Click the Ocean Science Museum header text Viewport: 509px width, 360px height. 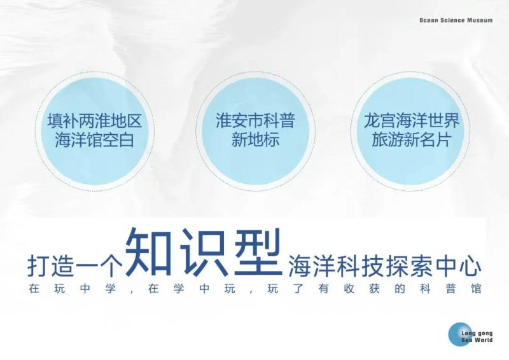(456, 20)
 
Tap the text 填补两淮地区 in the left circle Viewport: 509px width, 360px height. (95, 121)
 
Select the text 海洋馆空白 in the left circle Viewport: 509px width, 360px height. (95, 140)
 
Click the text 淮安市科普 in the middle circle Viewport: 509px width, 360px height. (256, 120)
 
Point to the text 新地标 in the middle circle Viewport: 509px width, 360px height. (256, 140)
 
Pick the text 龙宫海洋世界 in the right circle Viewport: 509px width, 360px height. (411, 120)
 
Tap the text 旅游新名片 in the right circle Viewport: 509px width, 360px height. (411, 140)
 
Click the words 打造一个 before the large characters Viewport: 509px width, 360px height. (74, 266)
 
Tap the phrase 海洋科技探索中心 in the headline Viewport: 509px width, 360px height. (385, 266)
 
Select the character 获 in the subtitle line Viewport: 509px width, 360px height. (374, 289)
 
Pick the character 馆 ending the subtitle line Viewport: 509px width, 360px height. (476, 289)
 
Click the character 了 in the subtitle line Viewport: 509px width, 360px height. (298, 289)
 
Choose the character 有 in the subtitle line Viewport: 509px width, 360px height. (324, 289)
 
